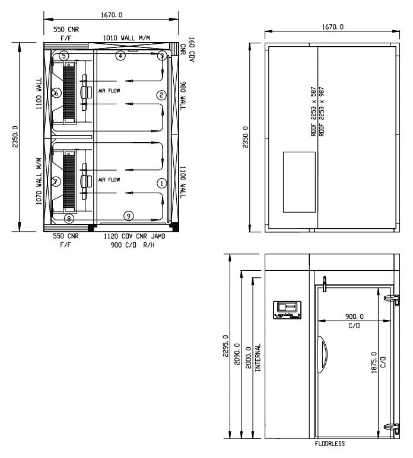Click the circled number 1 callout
point(161,183)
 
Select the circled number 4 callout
point(120,56)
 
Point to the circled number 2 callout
point(161,95)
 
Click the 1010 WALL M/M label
point(126,38)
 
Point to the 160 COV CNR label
point(188,50)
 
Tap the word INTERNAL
point(258,357)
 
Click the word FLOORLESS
point(330,443)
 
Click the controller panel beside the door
point(287,310)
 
